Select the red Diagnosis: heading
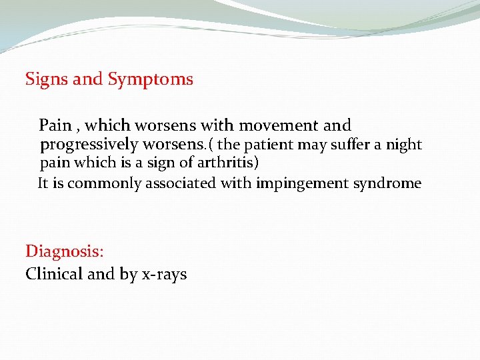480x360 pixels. pos(65,252)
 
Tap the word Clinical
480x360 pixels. pos(53,274)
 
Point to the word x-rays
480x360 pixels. pos(164,275)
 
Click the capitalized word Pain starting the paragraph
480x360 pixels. pos(54,125)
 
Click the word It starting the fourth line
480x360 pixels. pos(43,183)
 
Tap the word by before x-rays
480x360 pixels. pos(129,275)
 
